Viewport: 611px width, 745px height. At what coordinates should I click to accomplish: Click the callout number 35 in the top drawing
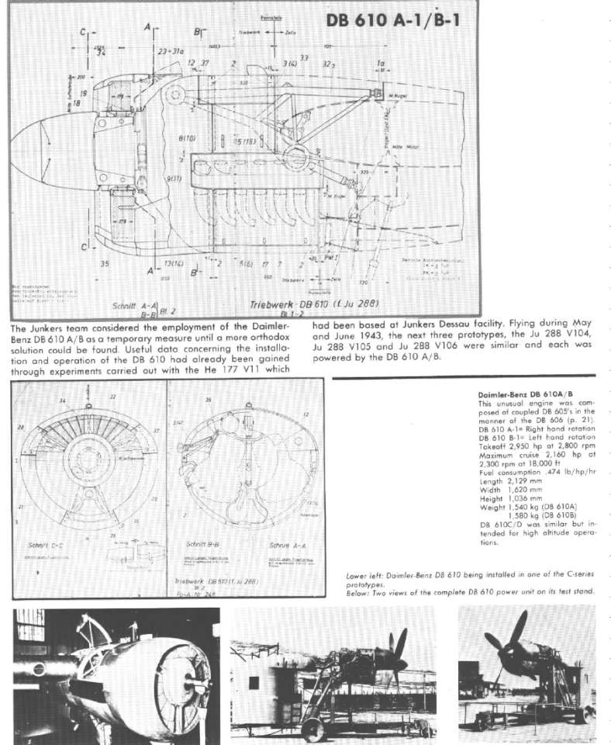[x=104, y=264]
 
